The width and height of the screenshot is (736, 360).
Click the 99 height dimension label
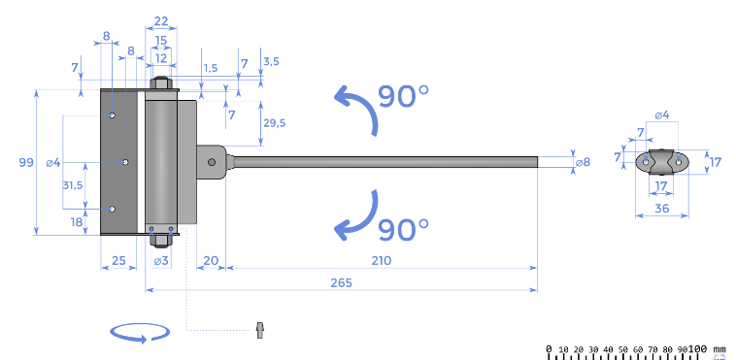tap(26, 162)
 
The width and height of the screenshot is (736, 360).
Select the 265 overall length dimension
tap(341, 283)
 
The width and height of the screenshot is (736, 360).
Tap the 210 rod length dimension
tap(382, 260)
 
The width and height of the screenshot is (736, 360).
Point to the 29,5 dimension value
tap(274, 123)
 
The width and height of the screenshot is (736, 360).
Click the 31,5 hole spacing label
tap(73, 185)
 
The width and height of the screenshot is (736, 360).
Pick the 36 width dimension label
tap(662, 208)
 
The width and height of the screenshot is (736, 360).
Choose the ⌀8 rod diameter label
tap(583, 162)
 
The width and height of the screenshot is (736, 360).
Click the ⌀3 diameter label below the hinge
tap(161, 260)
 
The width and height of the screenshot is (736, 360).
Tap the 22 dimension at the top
tap(161, 21)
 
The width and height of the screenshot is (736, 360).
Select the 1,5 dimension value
tap(211, 68)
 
